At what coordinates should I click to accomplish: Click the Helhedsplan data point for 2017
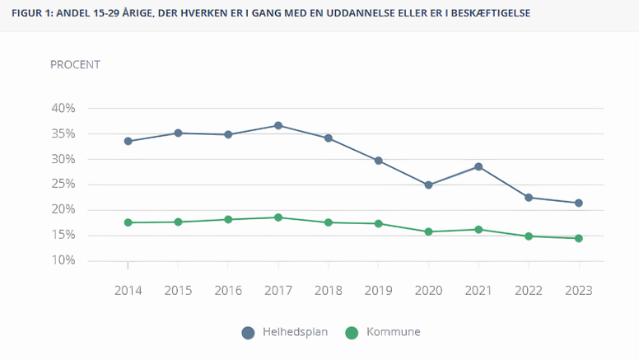pyautogui.click(x=278, y=126)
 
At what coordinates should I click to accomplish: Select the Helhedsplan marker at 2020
pyautogui.click(x=428, y=185)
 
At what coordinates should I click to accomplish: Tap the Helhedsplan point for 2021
pyautogui.click(x=478, y=166)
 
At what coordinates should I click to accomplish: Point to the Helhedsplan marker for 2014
pyautogui.click(x=128, y=141)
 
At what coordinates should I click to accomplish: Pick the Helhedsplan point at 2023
pyautogui.click(x=579, y=203)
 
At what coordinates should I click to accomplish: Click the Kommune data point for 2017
pyautogui.click(x=278, y=217)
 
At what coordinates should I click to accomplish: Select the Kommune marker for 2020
pyautogui.click(x=428, y=231)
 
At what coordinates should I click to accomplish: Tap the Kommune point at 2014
pyautogui.click(x=128, y=222)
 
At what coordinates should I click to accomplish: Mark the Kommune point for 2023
pyautogui.click(x=579, y=238)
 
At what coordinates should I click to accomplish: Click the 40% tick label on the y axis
pyautogui.click(x=63, y=108)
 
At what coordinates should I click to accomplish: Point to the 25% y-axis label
pyautogui.click(x=63, y=185)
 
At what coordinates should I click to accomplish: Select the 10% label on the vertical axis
pyautogui.click(x=63, y=260)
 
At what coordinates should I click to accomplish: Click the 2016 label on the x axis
pyautogui.click(x=228, y=290)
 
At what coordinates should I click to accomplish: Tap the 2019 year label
pyautogui.click(x=378, y=290)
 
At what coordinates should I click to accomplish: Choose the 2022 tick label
pyautogui.click(x=529, y=290)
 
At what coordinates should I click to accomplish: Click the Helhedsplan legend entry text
pyautogui.click(x=295, y=332)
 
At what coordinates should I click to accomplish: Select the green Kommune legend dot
pyautogui.click(x=352, y=333)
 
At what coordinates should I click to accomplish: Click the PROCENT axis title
pyautogui.click(x=75, y=64)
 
